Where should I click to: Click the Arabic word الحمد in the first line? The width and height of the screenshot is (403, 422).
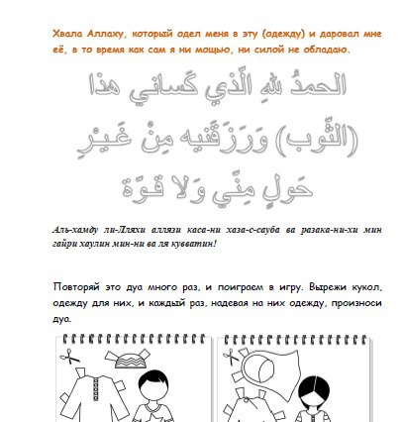click(x=318, y=84)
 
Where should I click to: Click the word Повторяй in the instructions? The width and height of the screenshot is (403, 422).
click(x=76, y=287)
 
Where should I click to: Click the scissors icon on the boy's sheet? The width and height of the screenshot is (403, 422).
click(x=69, y=357)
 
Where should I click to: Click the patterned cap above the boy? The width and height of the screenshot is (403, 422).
click(x=128, y=359)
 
